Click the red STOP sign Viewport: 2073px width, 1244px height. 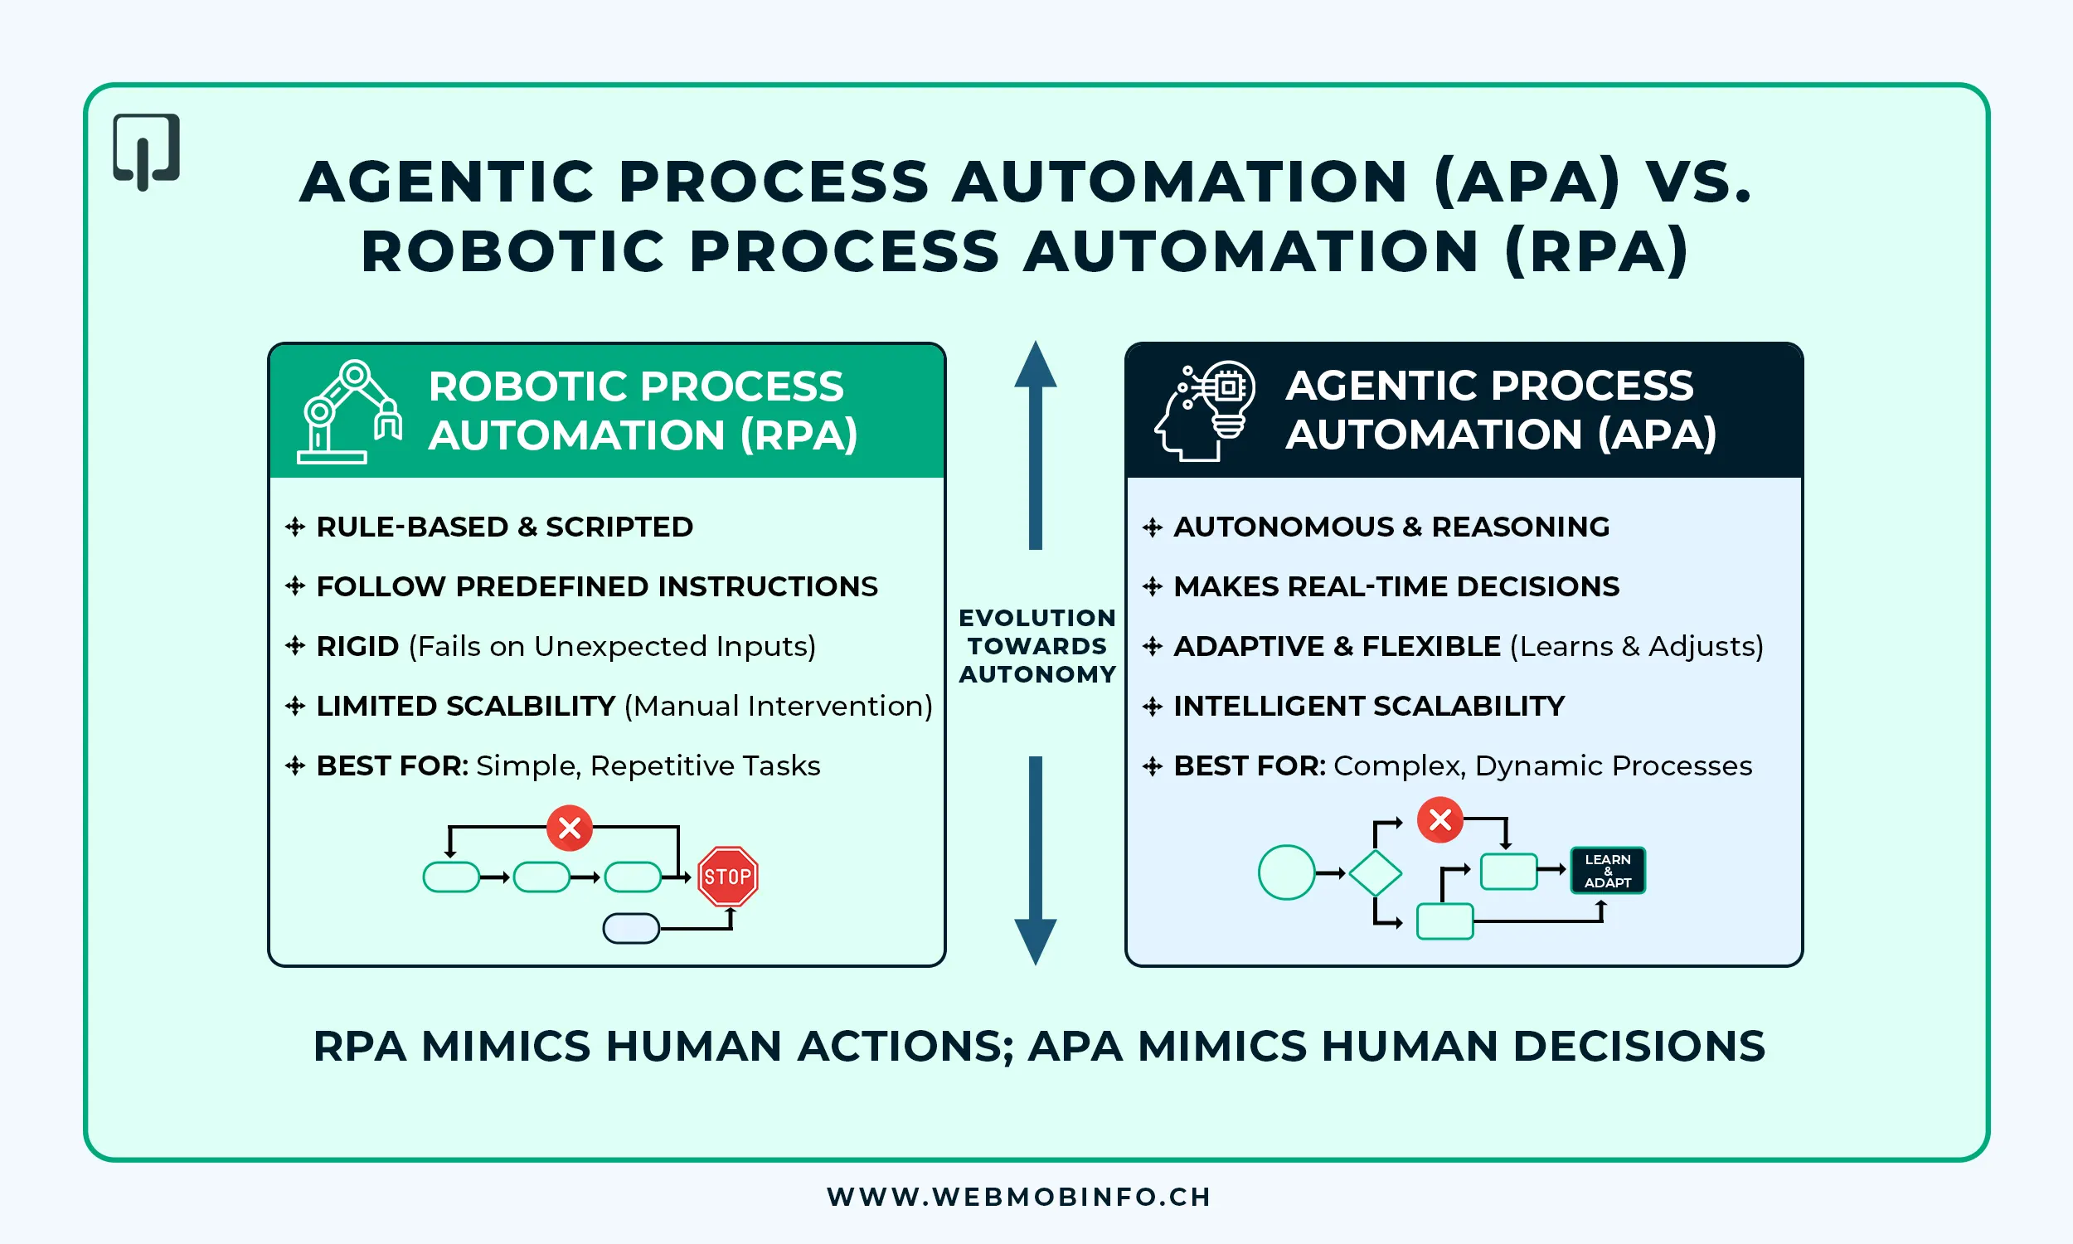click(x=727, y=877)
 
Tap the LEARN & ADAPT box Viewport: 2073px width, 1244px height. click(x=1607, y=871)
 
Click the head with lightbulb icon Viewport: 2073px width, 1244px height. click(x=1205, y=411)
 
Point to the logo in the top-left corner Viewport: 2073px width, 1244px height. click(x=147, y=152)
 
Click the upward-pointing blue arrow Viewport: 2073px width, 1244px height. click(x=1036, y=445)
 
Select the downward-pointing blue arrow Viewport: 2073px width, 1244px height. click(x=1036, y=860)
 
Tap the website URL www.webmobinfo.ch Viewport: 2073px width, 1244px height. click(x=1019, y=1196)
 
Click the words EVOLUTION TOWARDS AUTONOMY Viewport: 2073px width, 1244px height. click(x=1037, y=645)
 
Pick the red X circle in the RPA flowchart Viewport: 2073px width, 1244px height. click(x=570, y=829)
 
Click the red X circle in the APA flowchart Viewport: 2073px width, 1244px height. click(x=1440, y=820)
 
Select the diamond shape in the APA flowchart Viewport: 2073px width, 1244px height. click(x=1375, y=873)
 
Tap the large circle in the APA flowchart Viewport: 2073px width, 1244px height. click(x=1286, y=872)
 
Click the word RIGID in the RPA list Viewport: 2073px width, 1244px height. click(x=357, y=646)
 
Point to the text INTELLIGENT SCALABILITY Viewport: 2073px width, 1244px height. click(x=1368, y=706)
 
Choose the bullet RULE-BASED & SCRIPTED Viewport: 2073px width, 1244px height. click(x=504, y=527)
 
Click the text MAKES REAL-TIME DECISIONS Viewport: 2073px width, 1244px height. click(x=1396, y=586)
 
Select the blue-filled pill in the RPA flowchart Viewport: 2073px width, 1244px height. click(x=631, y=928)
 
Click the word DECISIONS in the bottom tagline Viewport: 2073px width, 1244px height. click(x=1639, y=1046)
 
